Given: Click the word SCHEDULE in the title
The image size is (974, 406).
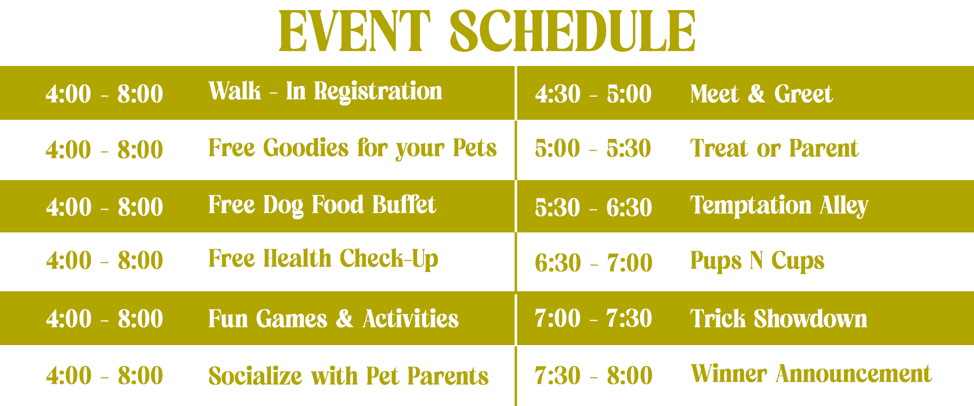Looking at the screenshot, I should pos(573,31).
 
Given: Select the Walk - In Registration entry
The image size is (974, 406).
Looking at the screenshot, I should pos(325,92).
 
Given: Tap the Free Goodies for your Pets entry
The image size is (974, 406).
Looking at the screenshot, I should pos(353,149).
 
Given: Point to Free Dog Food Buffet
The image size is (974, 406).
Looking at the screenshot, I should pos(322,206).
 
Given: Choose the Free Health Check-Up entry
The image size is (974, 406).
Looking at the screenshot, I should pos(323,259).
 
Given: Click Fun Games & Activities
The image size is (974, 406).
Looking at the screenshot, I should pos(333,319).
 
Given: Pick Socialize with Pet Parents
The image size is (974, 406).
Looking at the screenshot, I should pos(349,376).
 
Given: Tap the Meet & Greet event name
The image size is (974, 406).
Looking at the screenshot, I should pos(761,94).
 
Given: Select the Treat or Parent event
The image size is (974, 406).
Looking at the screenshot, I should pos(774,149).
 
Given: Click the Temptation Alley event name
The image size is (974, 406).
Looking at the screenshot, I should pos(779,206).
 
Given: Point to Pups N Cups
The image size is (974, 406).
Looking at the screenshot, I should pos(757,261).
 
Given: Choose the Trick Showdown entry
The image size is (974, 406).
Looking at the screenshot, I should pos(779,319).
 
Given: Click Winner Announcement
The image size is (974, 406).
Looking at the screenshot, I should pos(811,374).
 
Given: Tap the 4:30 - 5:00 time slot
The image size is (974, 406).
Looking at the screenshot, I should pos(593,94).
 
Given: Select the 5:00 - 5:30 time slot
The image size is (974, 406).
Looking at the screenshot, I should pos(593,149).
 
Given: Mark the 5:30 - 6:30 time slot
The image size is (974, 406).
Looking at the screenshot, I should pos(593,207).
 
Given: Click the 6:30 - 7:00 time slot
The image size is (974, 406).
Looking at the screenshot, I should pos(594,262).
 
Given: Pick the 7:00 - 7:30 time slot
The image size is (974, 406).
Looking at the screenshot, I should pos(593,319).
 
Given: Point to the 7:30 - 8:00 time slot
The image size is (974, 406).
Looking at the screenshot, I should pos(594,376).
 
